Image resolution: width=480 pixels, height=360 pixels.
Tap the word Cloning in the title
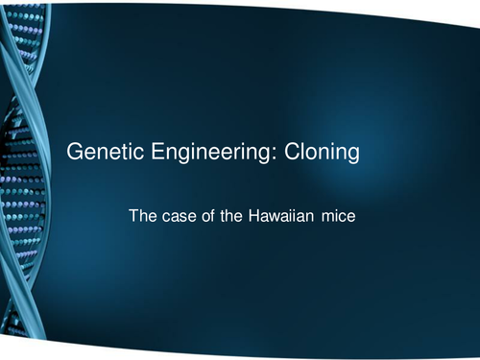point(324,153)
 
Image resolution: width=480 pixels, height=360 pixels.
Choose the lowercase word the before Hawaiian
point(236,218)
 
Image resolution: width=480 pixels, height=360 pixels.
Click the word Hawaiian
point(287,218)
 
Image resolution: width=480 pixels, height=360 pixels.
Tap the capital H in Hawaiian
point(260,218)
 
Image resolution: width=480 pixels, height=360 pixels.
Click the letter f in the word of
point(217,217)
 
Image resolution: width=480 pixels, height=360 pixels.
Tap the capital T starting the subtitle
point(133,218)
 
